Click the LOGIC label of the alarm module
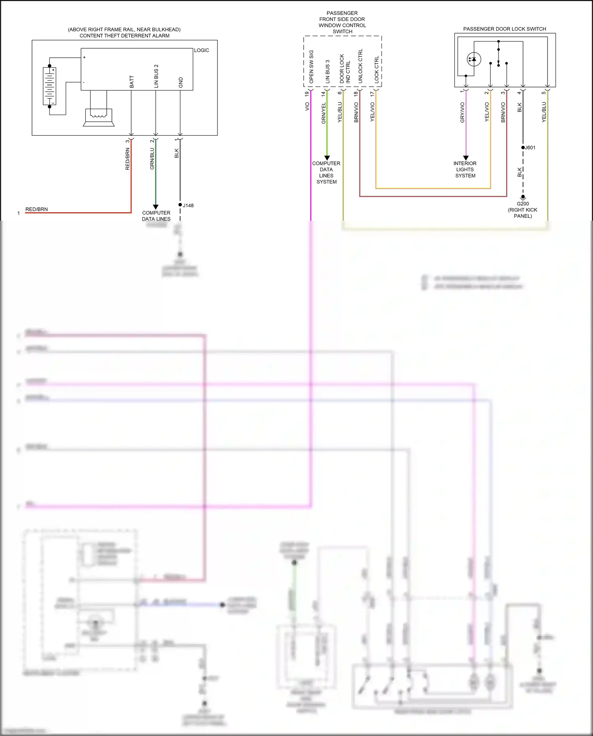[x=201, y=50]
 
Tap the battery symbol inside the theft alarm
[x=49, y=86]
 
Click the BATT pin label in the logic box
[x=132, y=81]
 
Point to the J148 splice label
[x=188, y=205]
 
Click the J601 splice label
[x=530, y=148]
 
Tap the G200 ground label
[x=523, y=204]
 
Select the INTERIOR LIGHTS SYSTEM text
[x=465, y=169]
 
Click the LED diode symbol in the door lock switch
[x=473, y=59]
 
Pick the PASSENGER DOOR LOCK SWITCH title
[x=504, y=29]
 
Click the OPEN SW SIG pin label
[x=311, y=66]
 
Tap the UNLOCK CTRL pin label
[x=360, y=66]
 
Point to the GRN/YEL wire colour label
[x=324, y=113]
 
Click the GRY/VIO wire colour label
[x=462, y=112]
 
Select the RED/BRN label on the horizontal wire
[x=36, y=209]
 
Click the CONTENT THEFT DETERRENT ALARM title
[x=125, y=36]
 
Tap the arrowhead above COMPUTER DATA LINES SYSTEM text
[x=327, y=158]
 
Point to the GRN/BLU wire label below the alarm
[x=152, y=159]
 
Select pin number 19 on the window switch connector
[x=307, y=94]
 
